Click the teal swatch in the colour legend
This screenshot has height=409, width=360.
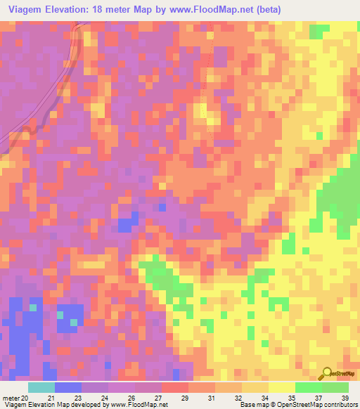41,387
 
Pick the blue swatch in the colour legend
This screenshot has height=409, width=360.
67,387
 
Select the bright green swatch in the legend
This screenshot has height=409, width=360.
308,387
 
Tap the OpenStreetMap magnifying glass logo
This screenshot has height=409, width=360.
326,373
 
